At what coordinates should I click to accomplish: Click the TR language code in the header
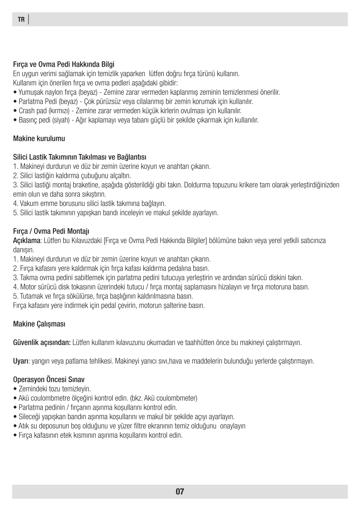tap(21, 19)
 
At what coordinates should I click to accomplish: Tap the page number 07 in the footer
tap(180, 491)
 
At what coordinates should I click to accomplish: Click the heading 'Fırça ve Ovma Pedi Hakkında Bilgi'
tap(64, 65)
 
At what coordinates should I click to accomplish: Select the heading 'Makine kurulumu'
tap(39, 139)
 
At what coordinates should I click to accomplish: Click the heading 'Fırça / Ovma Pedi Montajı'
tap(51, 231)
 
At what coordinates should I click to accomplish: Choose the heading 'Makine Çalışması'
tap(39, 324)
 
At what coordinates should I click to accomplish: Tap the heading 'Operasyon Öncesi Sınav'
tap(49, 379)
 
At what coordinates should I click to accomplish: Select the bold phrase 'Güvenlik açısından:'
tap(42, 343)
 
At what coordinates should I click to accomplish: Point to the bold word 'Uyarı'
tap(21, 361)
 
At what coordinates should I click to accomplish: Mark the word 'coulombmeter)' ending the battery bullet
tap(181, 398)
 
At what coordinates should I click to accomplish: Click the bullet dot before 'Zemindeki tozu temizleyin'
tap(15, 389)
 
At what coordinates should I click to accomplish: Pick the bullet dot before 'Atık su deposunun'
tap(15, 426)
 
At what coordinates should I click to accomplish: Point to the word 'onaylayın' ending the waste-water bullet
tap(233, 426)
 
